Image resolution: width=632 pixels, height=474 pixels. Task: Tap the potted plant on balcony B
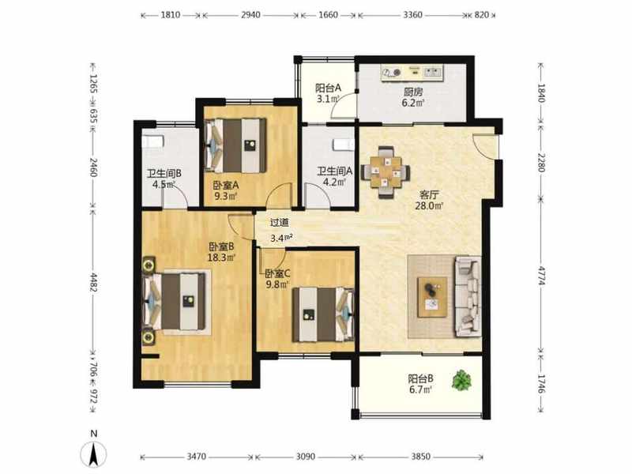[461, 380]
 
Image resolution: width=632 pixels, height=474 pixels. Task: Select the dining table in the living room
[386, 172]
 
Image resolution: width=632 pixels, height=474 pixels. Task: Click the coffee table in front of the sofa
[432, 297]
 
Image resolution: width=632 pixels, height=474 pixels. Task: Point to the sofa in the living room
[468, 296]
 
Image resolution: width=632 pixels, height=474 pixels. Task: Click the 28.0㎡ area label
[429, 206]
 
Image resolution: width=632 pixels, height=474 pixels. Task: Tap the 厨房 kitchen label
[413, 92]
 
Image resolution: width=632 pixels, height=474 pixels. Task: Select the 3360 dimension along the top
[412, 15]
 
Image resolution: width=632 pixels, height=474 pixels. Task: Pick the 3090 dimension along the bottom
[306, 457]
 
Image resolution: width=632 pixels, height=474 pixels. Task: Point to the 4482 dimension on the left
[93, 283]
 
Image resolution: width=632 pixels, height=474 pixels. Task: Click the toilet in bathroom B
[152, 142]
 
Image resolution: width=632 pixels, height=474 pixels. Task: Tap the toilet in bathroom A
[344, 145]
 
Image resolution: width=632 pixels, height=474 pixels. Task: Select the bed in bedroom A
[235, 145]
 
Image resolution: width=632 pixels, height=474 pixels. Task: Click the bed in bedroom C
[324, 314]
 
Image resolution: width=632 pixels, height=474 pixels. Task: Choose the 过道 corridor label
[280, 223]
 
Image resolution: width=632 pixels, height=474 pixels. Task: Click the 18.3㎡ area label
[221, 258]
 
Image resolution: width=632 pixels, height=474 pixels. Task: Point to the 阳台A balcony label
[328, 88]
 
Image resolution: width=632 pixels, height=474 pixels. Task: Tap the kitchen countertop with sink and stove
[412, 73]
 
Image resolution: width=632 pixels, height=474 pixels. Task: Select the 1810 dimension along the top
[171, 15]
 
